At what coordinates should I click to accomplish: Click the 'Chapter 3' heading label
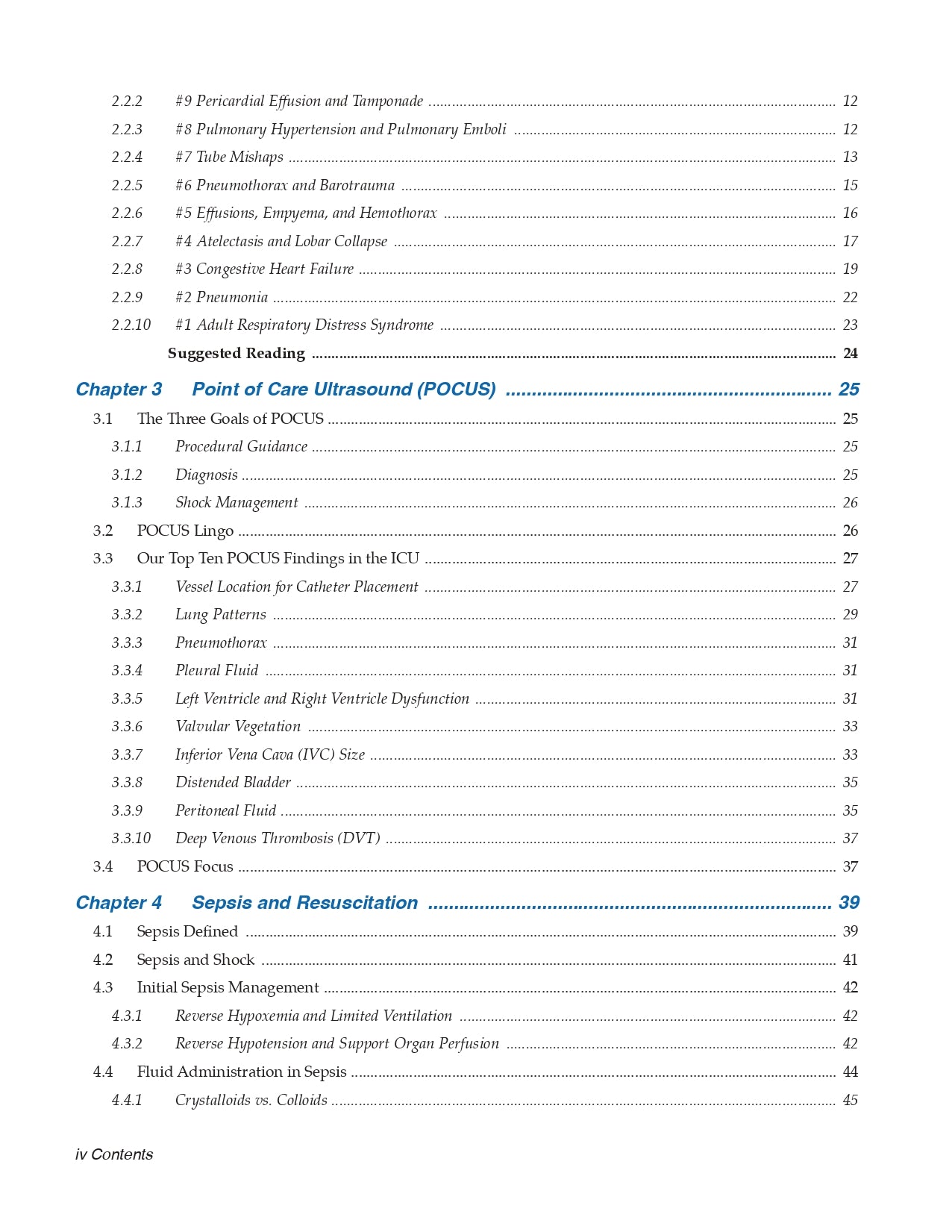point(119,390)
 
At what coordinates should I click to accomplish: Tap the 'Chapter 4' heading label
point(119,903)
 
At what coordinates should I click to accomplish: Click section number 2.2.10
point(131,325)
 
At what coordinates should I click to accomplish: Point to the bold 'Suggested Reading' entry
point(236,354)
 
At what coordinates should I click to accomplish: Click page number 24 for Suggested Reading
point(850,354)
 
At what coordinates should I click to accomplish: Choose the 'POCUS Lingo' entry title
point(185,531)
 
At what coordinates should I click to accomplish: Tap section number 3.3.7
point(127,755)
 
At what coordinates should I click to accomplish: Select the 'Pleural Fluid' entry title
point(216,671)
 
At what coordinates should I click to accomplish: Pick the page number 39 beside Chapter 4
point(849,903)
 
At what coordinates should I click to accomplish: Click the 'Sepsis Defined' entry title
point(187,932)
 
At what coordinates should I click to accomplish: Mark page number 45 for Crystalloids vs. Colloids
point(850,1101)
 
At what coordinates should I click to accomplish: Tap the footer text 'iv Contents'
point(114,1154)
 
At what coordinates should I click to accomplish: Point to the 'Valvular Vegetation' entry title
point(237,727)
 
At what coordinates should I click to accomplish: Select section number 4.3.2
point(127,1044)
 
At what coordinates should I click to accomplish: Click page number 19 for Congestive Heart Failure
point(850,269)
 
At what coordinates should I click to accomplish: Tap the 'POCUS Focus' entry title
point(185,867)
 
